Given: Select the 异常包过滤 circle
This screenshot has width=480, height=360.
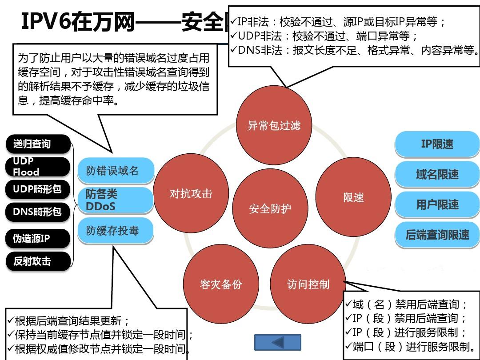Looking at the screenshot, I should pyautogui.click(x=273, y=125).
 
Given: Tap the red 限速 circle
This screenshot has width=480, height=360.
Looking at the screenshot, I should pyautogui.click(x=353, y=197).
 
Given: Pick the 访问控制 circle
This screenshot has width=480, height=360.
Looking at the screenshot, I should pyautogui.click(x=308, y=284).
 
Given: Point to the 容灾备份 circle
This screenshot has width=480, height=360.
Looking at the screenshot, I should pyautogui.click(x=221, y=284).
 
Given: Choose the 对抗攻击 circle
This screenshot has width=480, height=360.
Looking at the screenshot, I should pyautogui.click(x=191, y=194).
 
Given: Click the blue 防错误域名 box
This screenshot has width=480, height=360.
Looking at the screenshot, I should pyautogui.click(x=116, y=171).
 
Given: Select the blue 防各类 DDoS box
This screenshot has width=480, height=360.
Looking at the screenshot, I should pyautogui.click(x=116, y=200).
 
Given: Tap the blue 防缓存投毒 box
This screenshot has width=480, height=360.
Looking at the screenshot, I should pyautogui.click(x=116, y=231).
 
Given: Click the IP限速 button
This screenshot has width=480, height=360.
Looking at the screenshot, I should pyautogui.click(x=437, y=144).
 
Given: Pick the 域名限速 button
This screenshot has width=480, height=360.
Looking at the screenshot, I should pyautogui.click(x=437, y=174).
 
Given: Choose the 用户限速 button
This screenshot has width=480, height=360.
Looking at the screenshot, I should pyautogui.click(x=437, y=204).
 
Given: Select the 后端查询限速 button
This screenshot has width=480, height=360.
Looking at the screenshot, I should pyautogui.click(x=437, y=235).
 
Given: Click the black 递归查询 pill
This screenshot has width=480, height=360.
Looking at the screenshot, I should pyautogui.click(x=38, y=144).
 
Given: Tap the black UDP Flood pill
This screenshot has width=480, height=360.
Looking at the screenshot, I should pyautogui.click(x=38, y=167).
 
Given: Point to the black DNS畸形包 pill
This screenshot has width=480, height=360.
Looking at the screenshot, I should pyautogui.click(x=38, y=212).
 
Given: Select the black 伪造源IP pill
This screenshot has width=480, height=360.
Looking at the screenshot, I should pyautogui.click(x=38, y=239).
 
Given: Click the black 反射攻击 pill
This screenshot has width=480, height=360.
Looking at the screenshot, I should pyautogui.click(x=38, y=261).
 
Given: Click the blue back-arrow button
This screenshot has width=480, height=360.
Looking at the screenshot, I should pyautogui.click(x=277, y=343).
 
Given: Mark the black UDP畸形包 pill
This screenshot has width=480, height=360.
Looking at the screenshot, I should pyautogui.click(x=38, y=189).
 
